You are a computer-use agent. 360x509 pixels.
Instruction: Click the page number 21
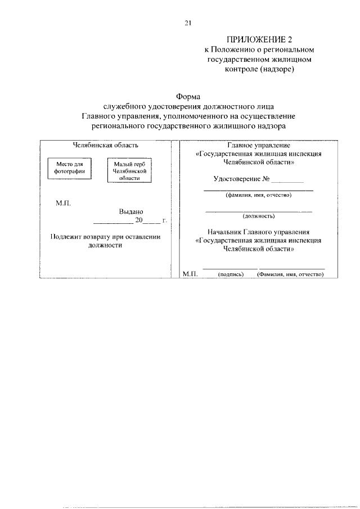(188, 23)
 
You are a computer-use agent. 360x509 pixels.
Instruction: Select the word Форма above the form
(188, 96)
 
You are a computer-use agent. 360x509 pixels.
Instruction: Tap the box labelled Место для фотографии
(70, 168)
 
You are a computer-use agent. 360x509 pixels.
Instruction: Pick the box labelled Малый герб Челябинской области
(129, 170)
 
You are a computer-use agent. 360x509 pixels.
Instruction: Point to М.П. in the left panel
(62, 203)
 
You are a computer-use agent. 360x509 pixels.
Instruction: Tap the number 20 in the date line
(139, 220)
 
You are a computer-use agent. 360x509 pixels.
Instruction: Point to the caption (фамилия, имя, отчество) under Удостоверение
(258, 195)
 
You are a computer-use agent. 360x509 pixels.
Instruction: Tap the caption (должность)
(258, 215)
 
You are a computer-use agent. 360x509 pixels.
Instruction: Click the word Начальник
(225, 231)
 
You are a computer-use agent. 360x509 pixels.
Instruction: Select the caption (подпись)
(230, 274)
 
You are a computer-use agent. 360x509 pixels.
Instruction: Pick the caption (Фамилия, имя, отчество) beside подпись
(290, 274)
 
